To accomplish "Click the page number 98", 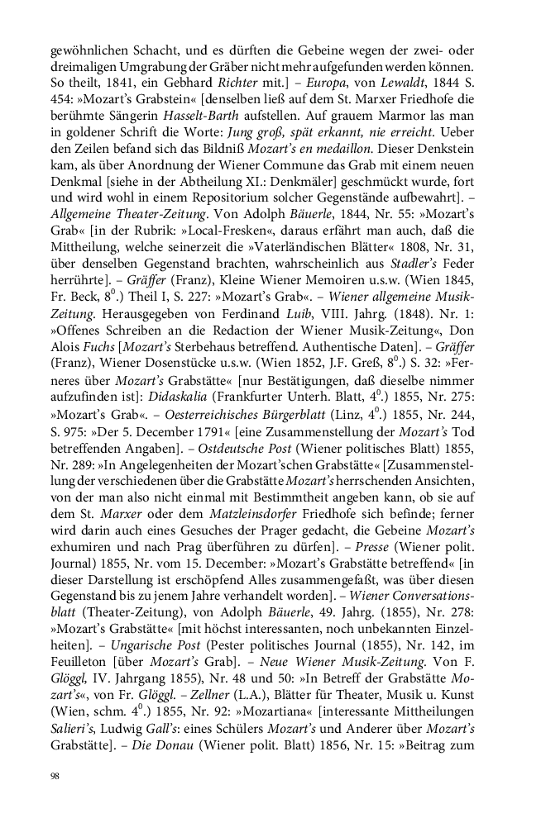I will pos(55,776).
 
